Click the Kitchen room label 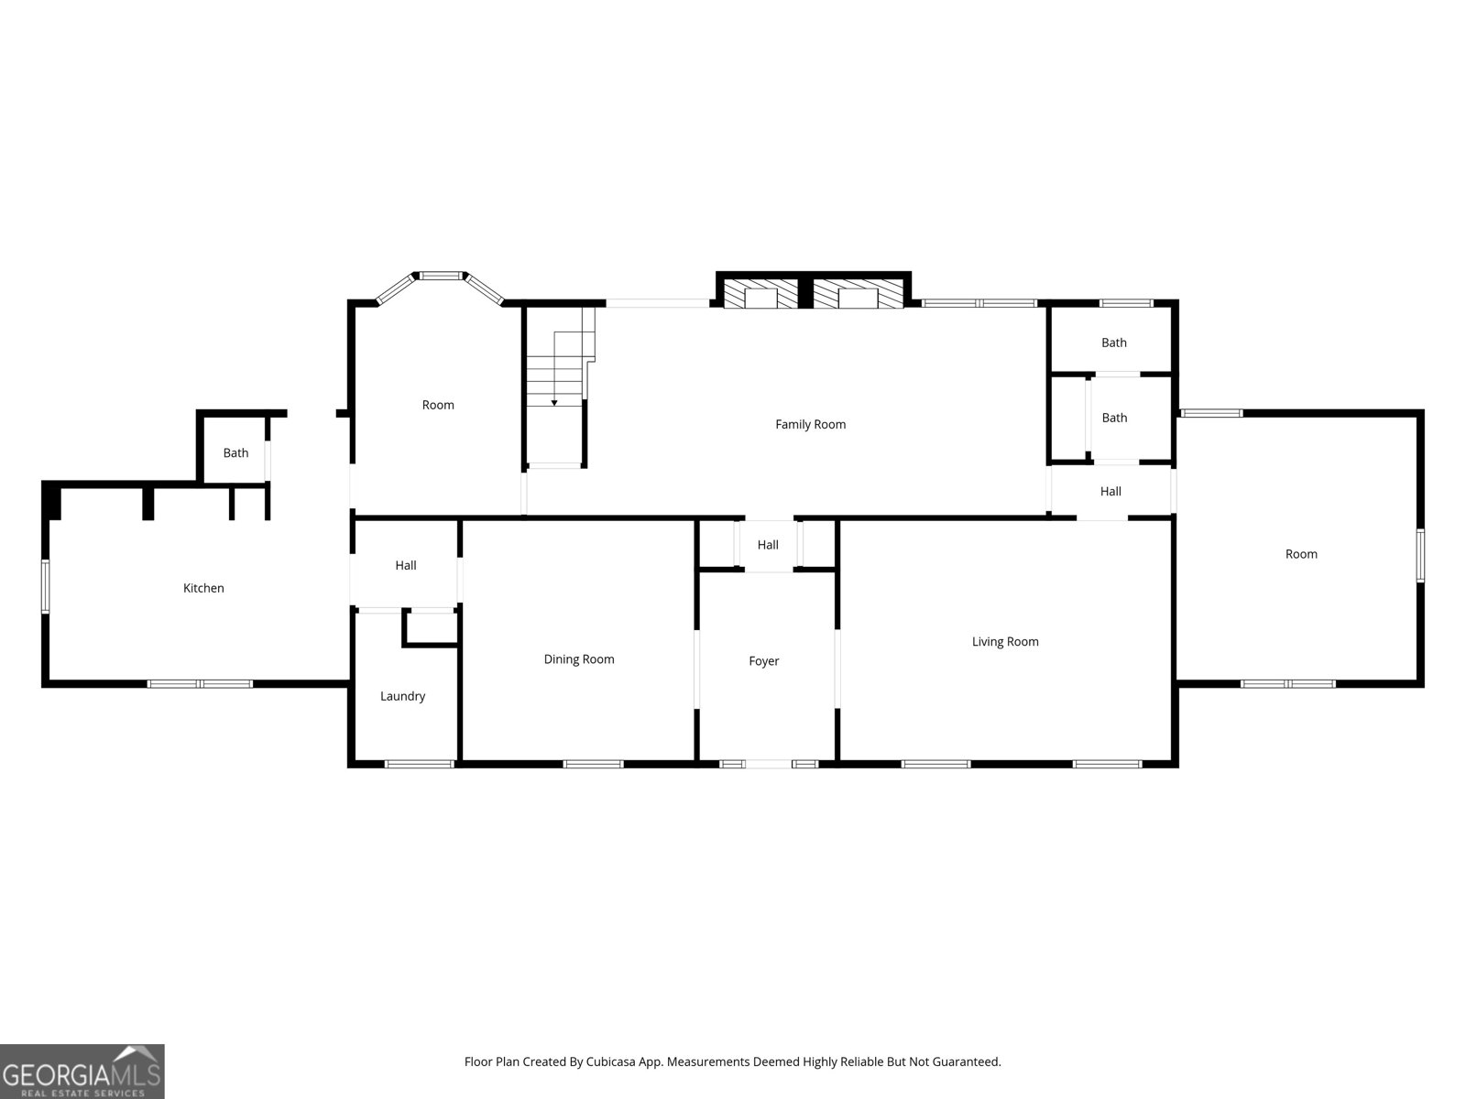pos(203,588)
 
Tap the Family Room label pos(810,424)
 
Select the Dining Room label pos(578,659)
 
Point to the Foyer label pos(763,661)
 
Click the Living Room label pos(1004,642)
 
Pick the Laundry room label pos(402,697)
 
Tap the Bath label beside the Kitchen pos(235,453)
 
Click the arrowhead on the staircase pos(553,403)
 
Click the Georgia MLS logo pos(82,1072)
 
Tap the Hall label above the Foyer pos(768,545)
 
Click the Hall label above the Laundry pos(405,566)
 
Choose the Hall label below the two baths pos(1110,492)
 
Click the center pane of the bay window pos(441,275)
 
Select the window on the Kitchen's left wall pos(46,586)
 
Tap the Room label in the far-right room pos(1301,554)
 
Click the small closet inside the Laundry pos(431,627)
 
